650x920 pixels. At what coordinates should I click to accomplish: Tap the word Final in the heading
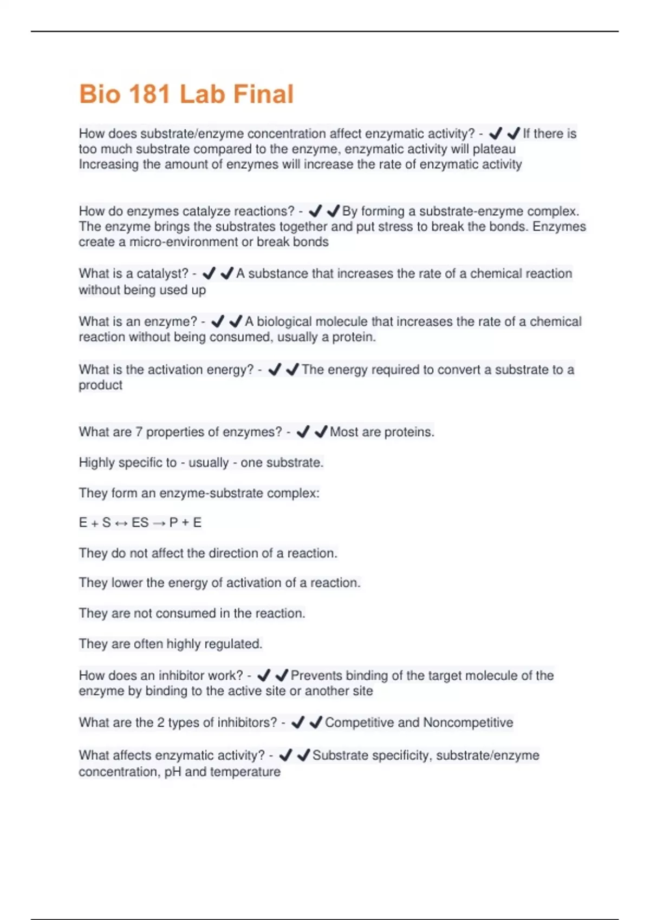tap(263, 94)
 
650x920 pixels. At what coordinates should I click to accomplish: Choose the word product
tap(100, 385)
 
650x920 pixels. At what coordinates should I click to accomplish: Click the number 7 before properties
tap(139, 432)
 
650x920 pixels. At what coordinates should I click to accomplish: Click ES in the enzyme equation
tap(140, 523)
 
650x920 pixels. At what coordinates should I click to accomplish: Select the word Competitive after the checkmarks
tap(359, 722)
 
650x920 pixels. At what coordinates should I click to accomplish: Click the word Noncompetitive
tap(468, 722)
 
